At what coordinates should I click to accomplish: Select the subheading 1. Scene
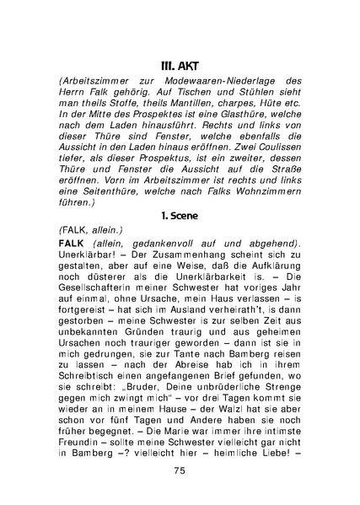point(180,216)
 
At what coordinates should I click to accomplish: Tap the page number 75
point(180,470)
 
